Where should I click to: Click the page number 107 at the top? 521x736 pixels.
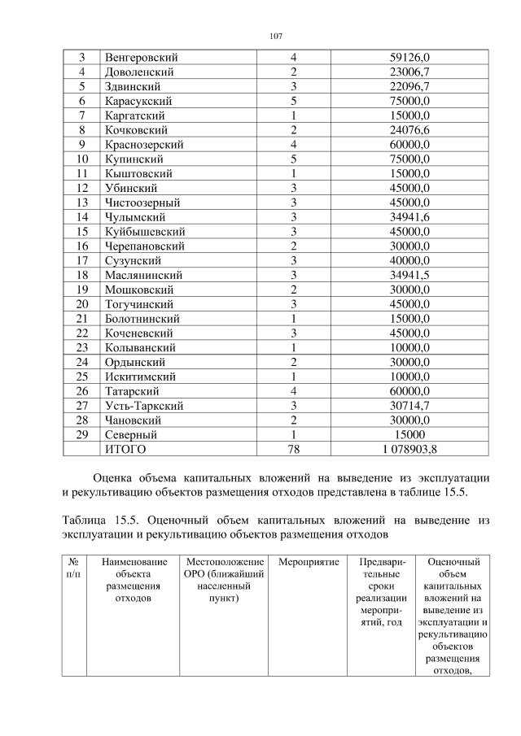point(275,36)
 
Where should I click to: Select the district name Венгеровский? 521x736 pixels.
point(141,58)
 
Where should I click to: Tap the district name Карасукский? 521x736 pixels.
point(137,101)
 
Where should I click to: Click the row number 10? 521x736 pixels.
point(81,159)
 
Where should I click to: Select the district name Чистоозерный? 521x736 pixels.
point(142,203)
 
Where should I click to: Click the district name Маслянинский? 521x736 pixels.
point(142,275)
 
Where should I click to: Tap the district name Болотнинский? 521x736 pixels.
point(142,319)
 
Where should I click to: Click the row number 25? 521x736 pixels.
point(81,377)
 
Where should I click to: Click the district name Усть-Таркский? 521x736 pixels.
point(143,406)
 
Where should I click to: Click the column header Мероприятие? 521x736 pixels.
point(309,562)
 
